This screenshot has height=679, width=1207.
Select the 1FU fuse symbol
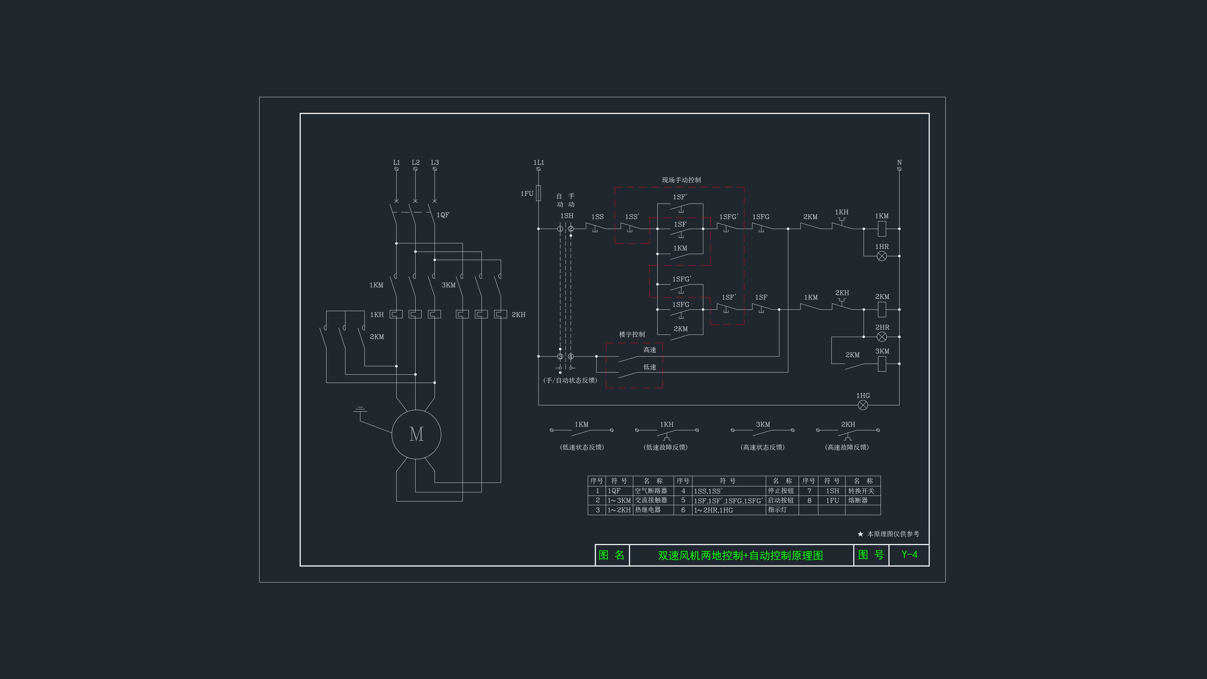click(x=538, y=193)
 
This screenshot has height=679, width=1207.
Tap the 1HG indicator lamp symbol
click(x=863, y=405)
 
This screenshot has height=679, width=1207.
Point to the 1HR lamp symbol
click(x=882, y=256)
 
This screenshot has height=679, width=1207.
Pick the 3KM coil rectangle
click(x=882, y=364)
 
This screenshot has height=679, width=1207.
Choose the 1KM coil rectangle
click(x=882, y=229)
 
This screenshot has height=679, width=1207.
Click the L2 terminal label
click(x=416, y=163)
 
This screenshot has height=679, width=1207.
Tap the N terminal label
click(x=899, y=163)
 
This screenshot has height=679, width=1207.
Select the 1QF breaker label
click(x=443, y=215)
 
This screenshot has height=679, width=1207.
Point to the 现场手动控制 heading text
click(x=681, y=180)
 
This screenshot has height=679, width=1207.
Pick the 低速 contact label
click(x=650, y=367)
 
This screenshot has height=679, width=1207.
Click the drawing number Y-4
click(x=909, y=555)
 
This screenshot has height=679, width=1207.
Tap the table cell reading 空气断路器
click(x=651, y=491)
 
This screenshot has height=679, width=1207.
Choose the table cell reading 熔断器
click(x=858, y=500)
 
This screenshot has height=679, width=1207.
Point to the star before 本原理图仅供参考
click(x=860, y=534)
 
